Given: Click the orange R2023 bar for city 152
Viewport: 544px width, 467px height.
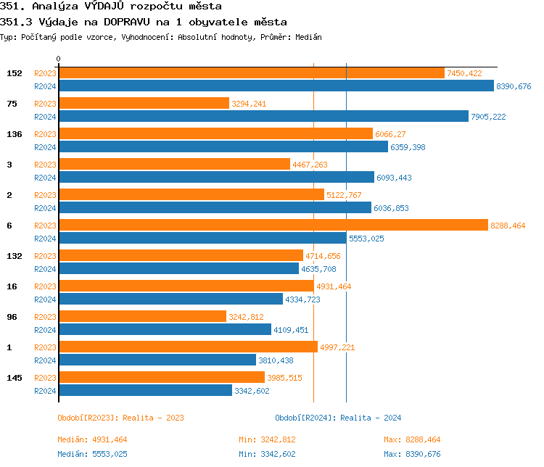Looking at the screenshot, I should point(251,73).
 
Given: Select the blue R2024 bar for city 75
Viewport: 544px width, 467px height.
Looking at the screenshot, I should point(263,116).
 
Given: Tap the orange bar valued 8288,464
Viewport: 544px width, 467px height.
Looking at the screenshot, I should point(273,226).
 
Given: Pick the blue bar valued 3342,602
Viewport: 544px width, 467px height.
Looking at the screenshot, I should point(145,390).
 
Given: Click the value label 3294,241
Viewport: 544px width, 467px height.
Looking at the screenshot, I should point(249,104).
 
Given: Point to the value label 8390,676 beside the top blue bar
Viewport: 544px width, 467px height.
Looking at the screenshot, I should point(514,86).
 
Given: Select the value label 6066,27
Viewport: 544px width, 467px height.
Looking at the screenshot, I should point(390,134).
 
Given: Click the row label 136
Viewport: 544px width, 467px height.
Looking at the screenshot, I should point(14,134).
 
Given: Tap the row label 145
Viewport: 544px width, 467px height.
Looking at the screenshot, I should point(14,378).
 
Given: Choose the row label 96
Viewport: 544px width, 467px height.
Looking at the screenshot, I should point(12,317).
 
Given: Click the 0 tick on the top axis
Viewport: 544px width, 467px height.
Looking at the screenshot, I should point(59,59).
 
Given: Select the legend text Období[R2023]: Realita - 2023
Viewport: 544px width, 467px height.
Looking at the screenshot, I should point(120,418).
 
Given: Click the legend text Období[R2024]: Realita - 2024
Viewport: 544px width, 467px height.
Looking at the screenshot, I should point(338,418).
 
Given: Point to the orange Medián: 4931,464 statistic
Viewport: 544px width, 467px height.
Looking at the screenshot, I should point(92,439).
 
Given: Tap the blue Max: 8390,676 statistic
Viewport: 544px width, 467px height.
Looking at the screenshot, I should point(412,454).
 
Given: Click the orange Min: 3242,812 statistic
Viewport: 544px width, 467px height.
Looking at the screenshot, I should point(267,439).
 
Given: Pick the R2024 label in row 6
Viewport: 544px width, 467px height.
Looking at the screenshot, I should point(45,238).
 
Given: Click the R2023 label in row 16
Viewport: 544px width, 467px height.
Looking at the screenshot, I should point(45,286).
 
